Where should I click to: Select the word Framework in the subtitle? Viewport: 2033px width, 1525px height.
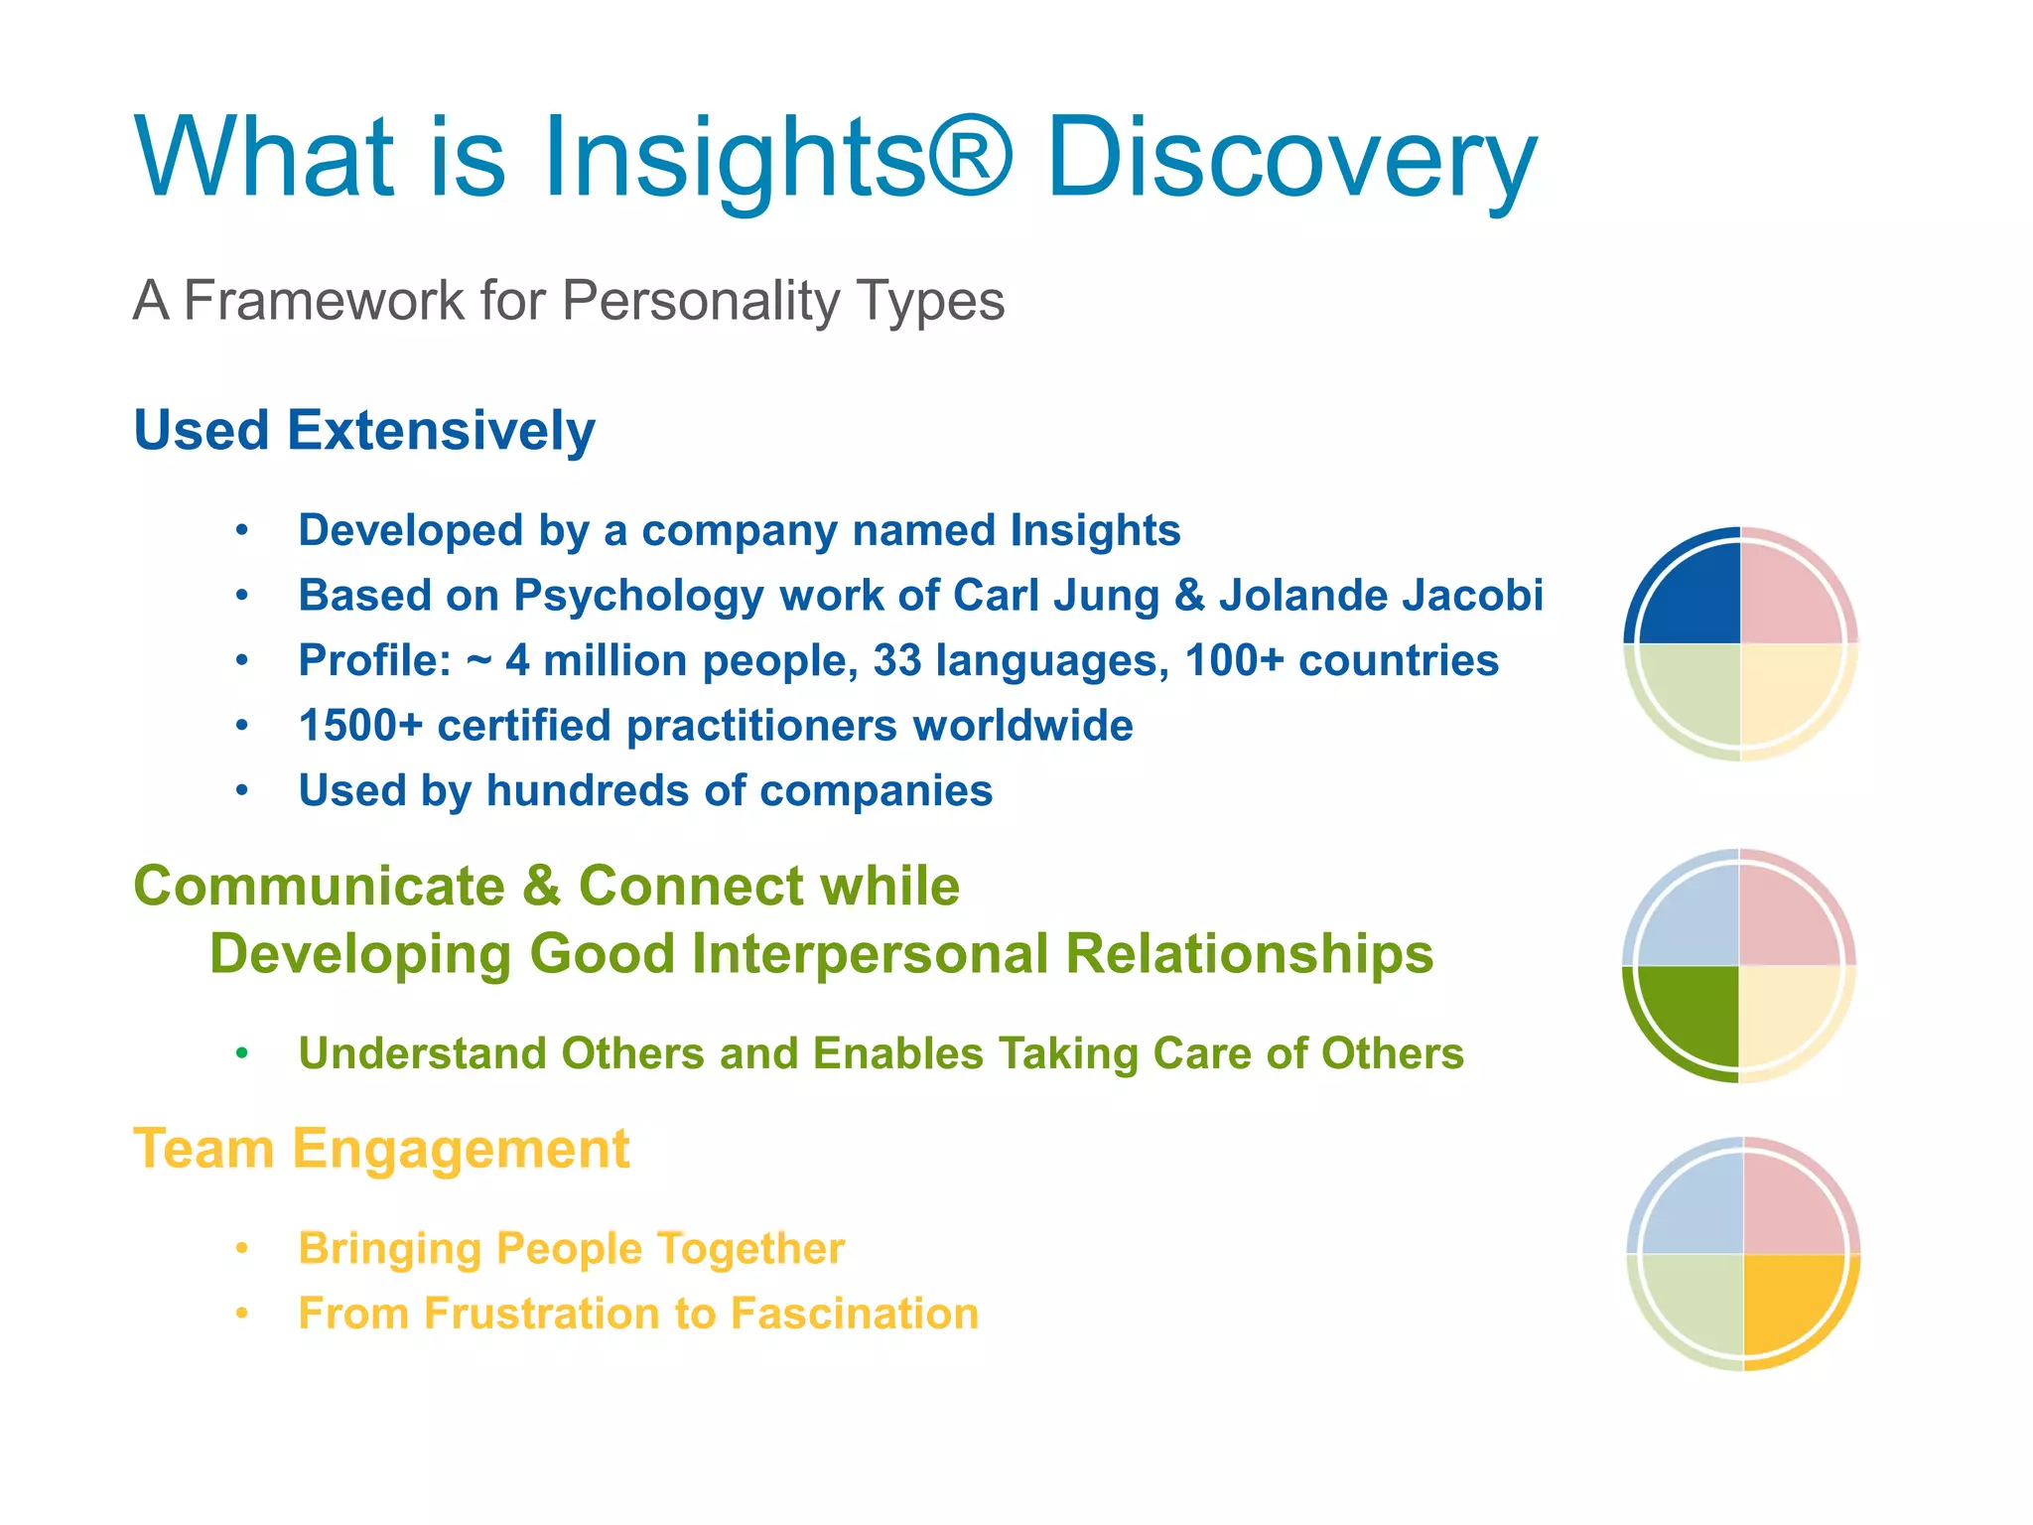[323, 300]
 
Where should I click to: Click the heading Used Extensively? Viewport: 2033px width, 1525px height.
[364, 431]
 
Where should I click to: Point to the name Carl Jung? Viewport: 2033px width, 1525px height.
[1055, 596]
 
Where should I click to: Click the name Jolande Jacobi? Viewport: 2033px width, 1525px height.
[1381, 596]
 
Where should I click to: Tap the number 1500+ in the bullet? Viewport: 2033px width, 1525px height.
[360, 726]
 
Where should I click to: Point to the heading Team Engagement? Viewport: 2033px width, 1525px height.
[381, 1150]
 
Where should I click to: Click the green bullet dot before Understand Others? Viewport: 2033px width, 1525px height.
[242, 1052]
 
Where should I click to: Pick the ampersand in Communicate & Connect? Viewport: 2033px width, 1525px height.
[541, 887]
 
